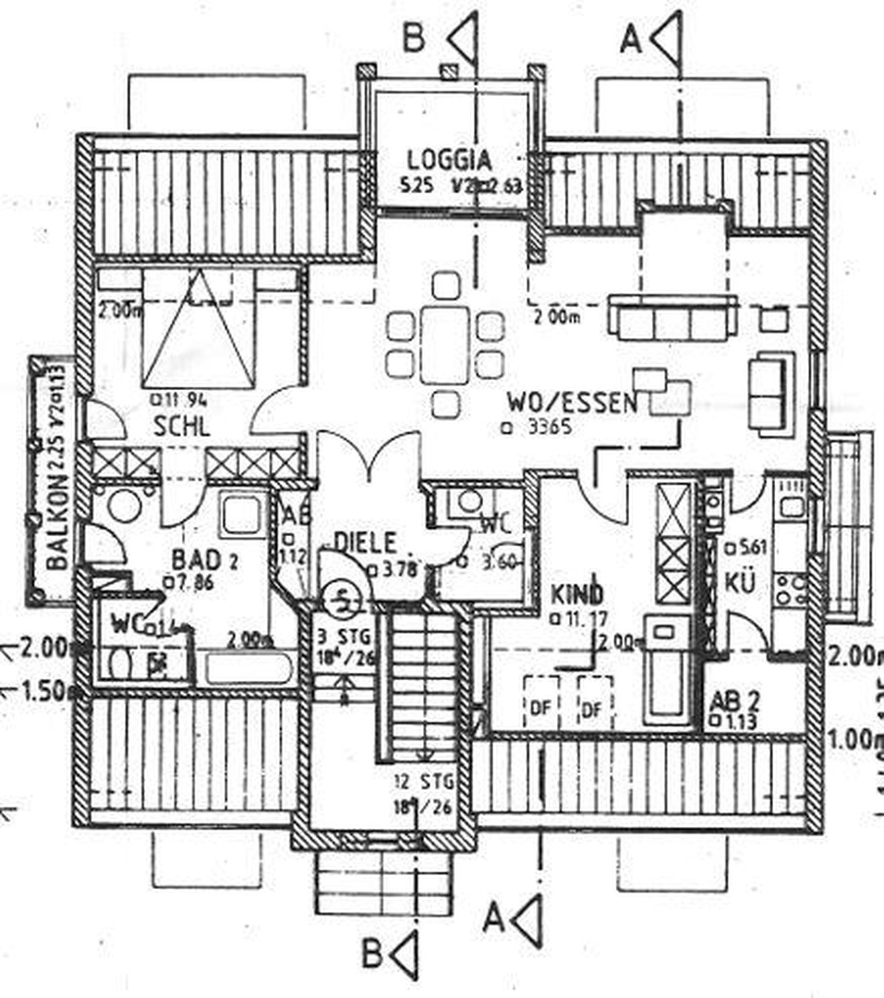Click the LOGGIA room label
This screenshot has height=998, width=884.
(x=451, y=159)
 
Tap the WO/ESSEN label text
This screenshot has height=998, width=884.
(x=572, y=403)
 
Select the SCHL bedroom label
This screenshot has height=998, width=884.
(x=182, y=426)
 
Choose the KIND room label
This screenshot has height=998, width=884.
(x=577, y=592)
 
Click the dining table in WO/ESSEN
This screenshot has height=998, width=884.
(x=445, y=345)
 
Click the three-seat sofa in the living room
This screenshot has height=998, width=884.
(x=672, y=320)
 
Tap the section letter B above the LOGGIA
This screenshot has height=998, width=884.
(x=415, y=38)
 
